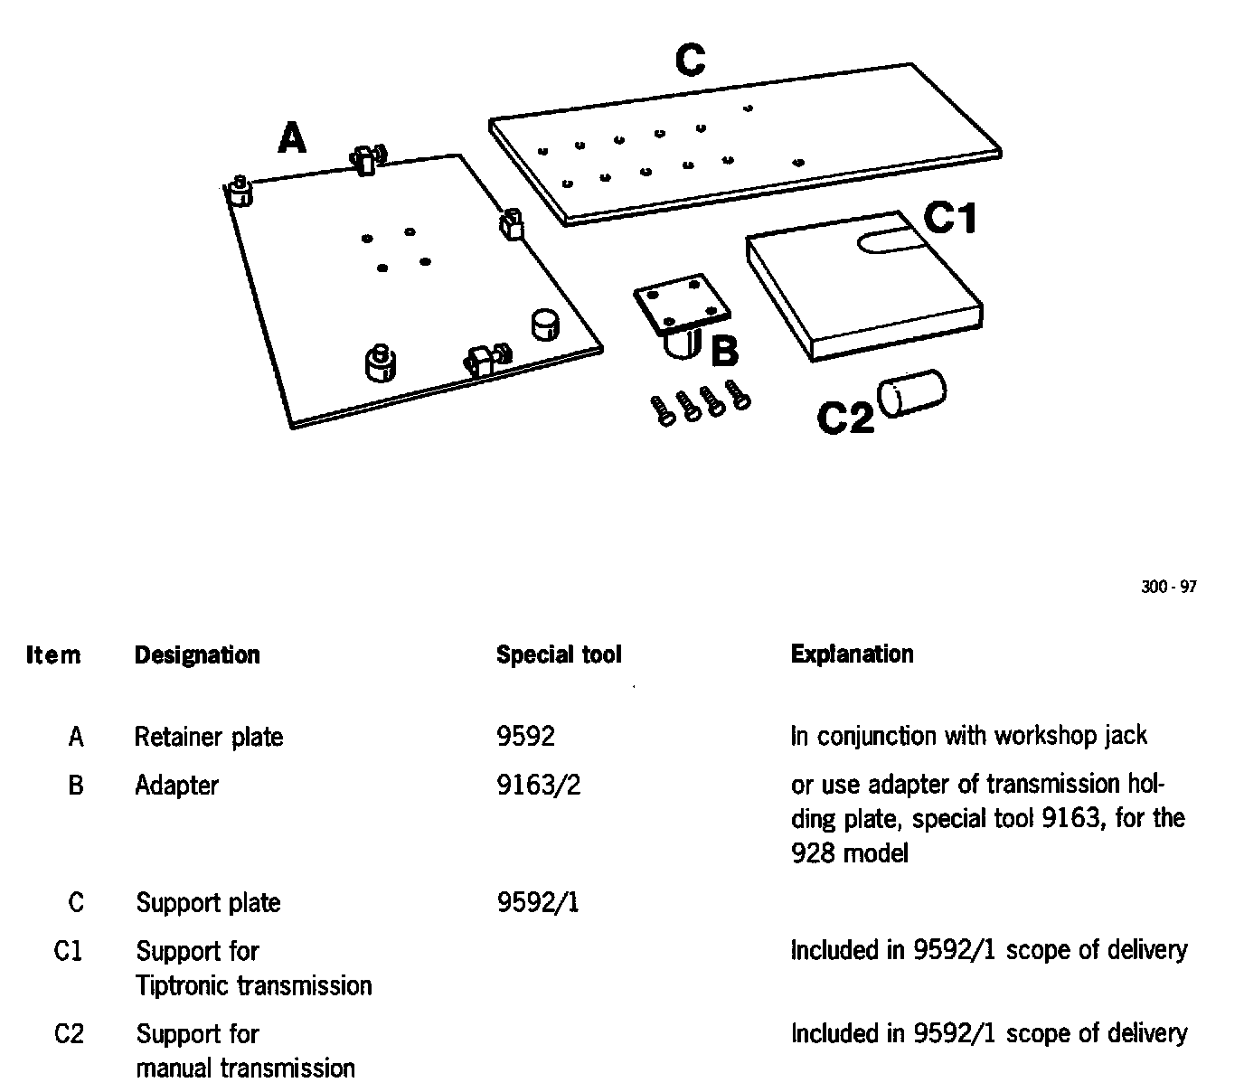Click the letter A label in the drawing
pyautogui.click(x=292, y=139)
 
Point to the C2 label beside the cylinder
pyautogui.click(x=845, y=418)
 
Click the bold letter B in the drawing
pyautogui.click(x=725, y=352)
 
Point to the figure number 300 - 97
pyautogui.click(x=1168, y=588)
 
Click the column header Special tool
pyautogui.click(x=559, y=654)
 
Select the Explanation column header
pyautogui.click(x=852, y=654)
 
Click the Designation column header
pyautogui.click(x=197, y=654)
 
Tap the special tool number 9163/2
pyautogui.click(x=539, y=786)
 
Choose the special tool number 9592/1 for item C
pyautogui.click(x=538, y=902)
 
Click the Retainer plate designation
pyautogui.click(x=209, y=737)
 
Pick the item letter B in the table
pyautogui.click(x=76, y=786)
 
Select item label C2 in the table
pyautogui.click(x=69, y=1033)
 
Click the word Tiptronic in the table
pyautogui.click(x=174, y=985)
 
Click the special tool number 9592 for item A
pyautogui.click(x=525, y=736)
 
